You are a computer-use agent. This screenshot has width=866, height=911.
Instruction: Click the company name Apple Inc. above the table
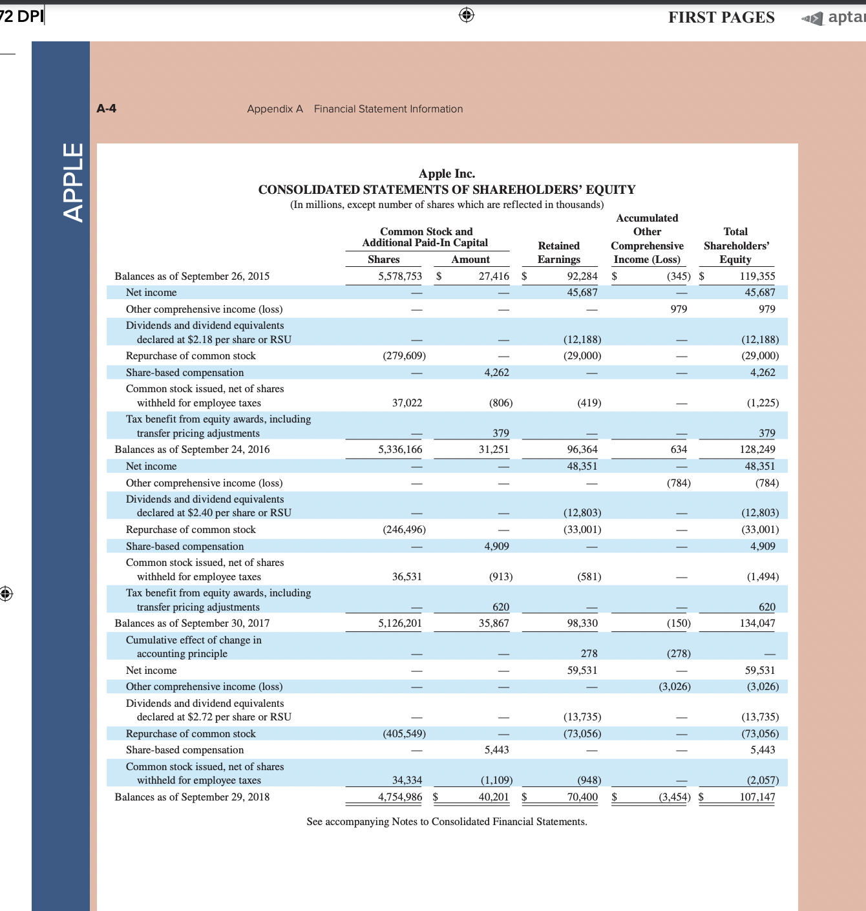point(447,174)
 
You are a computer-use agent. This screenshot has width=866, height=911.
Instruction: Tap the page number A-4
point(106,109)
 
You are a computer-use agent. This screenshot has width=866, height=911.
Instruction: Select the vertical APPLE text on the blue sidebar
point(74,182)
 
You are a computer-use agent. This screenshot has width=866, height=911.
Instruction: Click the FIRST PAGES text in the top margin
point(721,17)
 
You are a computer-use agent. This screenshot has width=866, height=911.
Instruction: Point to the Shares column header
point(383,259)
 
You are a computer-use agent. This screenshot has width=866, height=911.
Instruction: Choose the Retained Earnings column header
point(558,253)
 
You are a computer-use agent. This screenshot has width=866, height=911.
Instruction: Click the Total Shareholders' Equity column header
point(735,246)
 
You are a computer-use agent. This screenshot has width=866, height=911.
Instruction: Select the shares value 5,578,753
point(399,276)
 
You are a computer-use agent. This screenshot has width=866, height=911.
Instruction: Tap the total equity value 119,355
point(757,276)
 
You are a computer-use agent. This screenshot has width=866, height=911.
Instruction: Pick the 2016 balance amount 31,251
point(493,449)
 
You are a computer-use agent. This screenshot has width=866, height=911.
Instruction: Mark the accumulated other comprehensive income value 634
point(678,449)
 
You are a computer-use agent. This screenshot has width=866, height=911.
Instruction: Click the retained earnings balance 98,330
point(582,623)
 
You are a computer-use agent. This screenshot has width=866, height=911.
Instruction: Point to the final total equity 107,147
point(757,797)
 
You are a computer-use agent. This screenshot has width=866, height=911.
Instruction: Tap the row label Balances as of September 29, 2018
point(192,797)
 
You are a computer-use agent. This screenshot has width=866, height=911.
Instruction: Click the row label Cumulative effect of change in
point(193,640)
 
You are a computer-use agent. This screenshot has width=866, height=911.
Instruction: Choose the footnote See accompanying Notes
point(447,821)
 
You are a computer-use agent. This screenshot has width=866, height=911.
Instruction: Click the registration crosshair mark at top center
point(467,15)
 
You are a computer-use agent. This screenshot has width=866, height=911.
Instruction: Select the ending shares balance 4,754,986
point(399,797)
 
